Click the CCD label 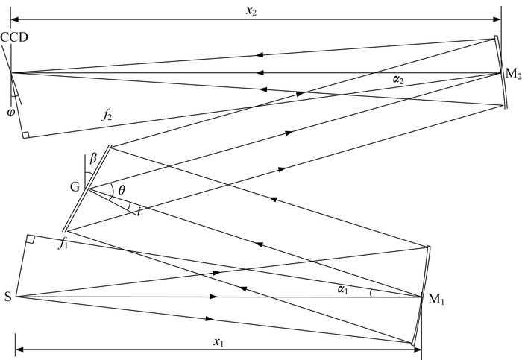pyautogui.click(x=14, y=37)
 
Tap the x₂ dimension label pyautogui.click(x=251, y=11)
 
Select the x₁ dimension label pyautogui.click(x=218, y=341)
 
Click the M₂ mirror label pyautogui.click(x=513, y=74)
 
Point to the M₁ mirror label pyautogui.click(x=436, y=300)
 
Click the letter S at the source pyautogui.click(x=8, y=297)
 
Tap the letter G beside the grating pyautogui.click(x=75, y=187)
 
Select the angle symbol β pyautogui.click(x=93, y=159)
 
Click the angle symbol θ pyautogui.click(x=122, y=190)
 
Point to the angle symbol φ pyautogui.click(x=11, y=113)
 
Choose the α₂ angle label pyautogui.click(x=397, y=80)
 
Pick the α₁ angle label pyautogui.click(x=342, y=290)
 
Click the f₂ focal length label pyautogui.click(x=107, y=115)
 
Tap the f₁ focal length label pyautogui.click(x=63, y=244)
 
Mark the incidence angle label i pyautogui.click(x=139, y=211)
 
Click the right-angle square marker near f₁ pyautogui.click(x=30, y=239)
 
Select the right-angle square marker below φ pyautogui.click(x=25, y=135)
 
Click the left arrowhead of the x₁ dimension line pyautogui.click(x=19, y=350)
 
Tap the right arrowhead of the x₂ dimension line pyautogui.click(x=497, y=19)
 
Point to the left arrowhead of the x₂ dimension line pyautogui.click(x=15, y=19)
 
